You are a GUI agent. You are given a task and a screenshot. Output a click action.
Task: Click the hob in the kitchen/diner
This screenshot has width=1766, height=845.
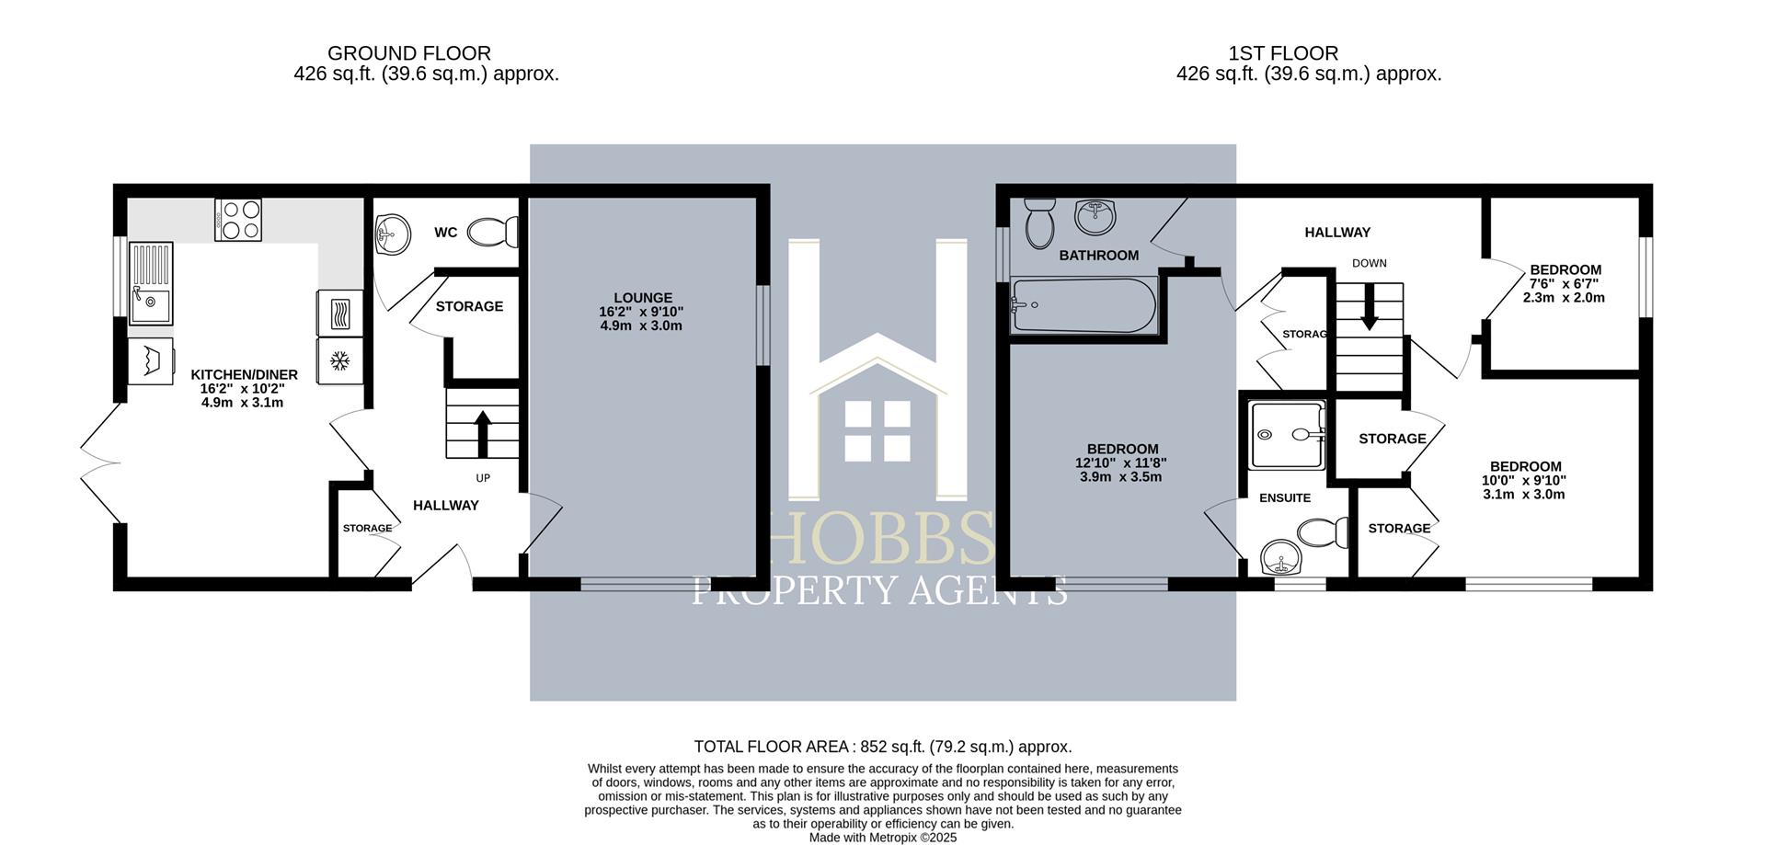[238, 220]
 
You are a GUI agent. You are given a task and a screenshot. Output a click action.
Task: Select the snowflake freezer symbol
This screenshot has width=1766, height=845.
[339, 360]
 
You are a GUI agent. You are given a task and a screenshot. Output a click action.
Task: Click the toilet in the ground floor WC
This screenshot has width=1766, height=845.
[492, 232]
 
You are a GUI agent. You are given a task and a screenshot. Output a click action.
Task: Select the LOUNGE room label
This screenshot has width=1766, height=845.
[643, 298]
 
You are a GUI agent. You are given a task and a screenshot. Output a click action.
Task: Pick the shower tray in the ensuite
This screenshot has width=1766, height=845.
[1288, 435]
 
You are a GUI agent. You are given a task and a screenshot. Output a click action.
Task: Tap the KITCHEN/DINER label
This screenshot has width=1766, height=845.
[244, 374]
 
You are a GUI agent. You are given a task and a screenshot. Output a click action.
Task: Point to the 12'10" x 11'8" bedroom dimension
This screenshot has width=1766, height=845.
[1120, 463]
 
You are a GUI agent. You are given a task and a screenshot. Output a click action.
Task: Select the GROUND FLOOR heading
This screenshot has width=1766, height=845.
[409, 53]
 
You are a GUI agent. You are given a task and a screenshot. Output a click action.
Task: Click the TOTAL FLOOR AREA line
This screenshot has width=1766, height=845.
[882, 747]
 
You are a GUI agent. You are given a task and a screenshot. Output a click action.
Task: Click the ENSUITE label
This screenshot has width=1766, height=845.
[1284, 497]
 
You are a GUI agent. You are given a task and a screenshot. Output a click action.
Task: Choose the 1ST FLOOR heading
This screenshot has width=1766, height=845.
[1282, 53]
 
